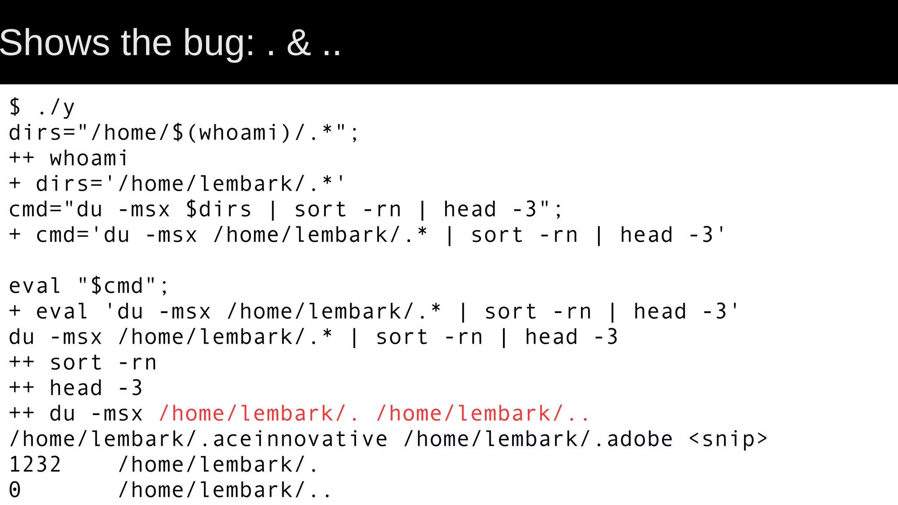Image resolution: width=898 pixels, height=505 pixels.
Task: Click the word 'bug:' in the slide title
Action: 218,43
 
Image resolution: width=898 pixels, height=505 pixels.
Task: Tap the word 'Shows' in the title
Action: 54,43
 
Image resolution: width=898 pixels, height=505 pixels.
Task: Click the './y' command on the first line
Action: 56,107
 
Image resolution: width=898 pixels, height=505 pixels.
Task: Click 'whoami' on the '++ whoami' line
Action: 89,158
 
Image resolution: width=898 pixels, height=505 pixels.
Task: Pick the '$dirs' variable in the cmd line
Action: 218,209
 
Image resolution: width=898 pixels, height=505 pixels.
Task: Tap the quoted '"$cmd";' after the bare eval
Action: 123,286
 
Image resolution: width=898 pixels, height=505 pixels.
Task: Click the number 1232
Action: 35,464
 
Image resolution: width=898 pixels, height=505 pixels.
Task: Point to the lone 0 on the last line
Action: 15,490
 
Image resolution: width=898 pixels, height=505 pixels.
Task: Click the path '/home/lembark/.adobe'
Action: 538,439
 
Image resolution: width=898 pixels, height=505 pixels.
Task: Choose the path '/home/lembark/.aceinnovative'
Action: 198,439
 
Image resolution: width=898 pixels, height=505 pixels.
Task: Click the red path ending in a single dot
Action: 259,413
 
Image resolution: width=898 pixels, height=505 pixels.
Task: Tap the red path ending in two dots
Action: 483,413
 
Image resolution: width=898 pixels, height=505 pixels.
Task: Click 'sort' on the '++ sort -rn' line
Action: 76,363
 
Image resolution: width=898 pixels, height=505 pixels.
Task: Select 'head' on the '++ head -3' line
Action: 76,388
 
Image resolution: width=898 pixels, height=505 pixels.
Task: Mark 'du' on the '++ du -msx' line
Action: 62,413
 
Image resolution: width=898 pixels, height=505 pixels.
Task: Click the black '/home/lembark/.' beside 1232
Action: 218,464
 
